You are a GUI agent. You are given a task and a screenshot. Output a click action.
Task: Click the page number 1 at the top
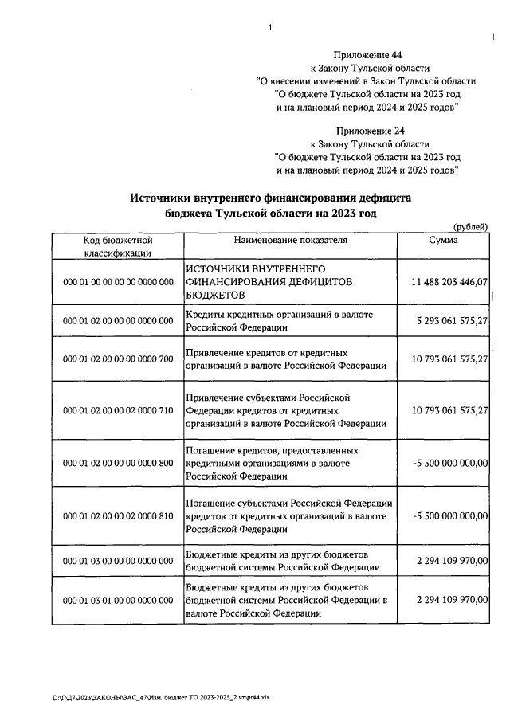tap(269, 28)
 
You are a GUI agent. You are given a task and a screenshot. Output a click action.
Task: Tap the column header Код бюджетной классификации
tap(118, 245)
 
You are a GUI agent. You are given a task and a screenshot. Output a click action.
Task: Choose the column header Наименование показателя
tap(291, 239)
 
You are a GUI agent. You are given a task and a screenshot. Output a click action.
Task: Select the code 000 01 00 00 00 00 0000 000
tap(118, 282)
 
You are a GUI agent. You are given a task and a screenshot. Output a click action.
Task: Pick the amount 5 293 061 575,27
tap(452, 321)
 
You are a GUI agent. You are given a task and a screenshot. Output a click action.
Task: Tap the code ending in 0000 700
tap(118, 359)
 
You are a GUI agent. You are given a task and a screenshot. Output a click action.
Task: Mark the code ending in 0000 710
tap(118, 410)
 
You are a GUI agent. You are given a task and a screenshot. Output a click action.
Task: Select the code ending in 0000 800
tap(118, 462)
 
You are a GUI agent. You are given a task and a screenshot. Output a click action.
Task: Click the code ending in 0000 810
tap(118, 516)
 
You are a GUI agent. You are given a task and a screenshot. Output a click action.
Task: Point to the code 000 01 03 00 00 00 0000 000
tap(118, 561)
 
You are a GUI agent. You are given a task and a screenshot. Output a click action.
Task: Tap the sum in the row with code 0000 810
tap(451, 516)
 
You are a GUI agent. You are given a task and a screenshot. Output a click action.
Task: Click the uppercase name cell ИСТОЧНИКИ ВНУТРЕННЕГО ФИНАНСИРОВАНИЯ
tap(270, 282)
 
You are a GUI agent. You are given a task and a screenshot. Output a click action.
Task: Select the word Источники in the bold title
tap(164, 197)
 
